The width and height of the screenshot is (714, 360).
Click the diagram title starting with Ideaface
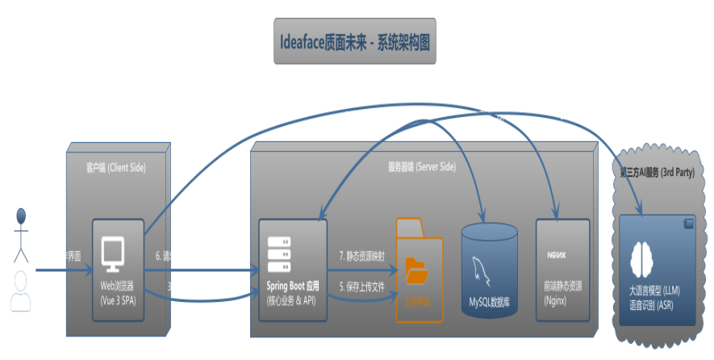pos(354,42)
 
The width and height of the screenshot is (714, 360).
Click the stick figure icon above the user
pos(21,234)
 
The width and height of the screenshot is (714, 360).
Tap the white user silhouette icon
pos(20,291)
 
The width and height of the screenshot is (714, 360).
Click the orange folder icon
pos(416,270)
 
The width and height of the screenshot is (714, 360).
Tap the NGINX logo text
pos(556,255)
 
